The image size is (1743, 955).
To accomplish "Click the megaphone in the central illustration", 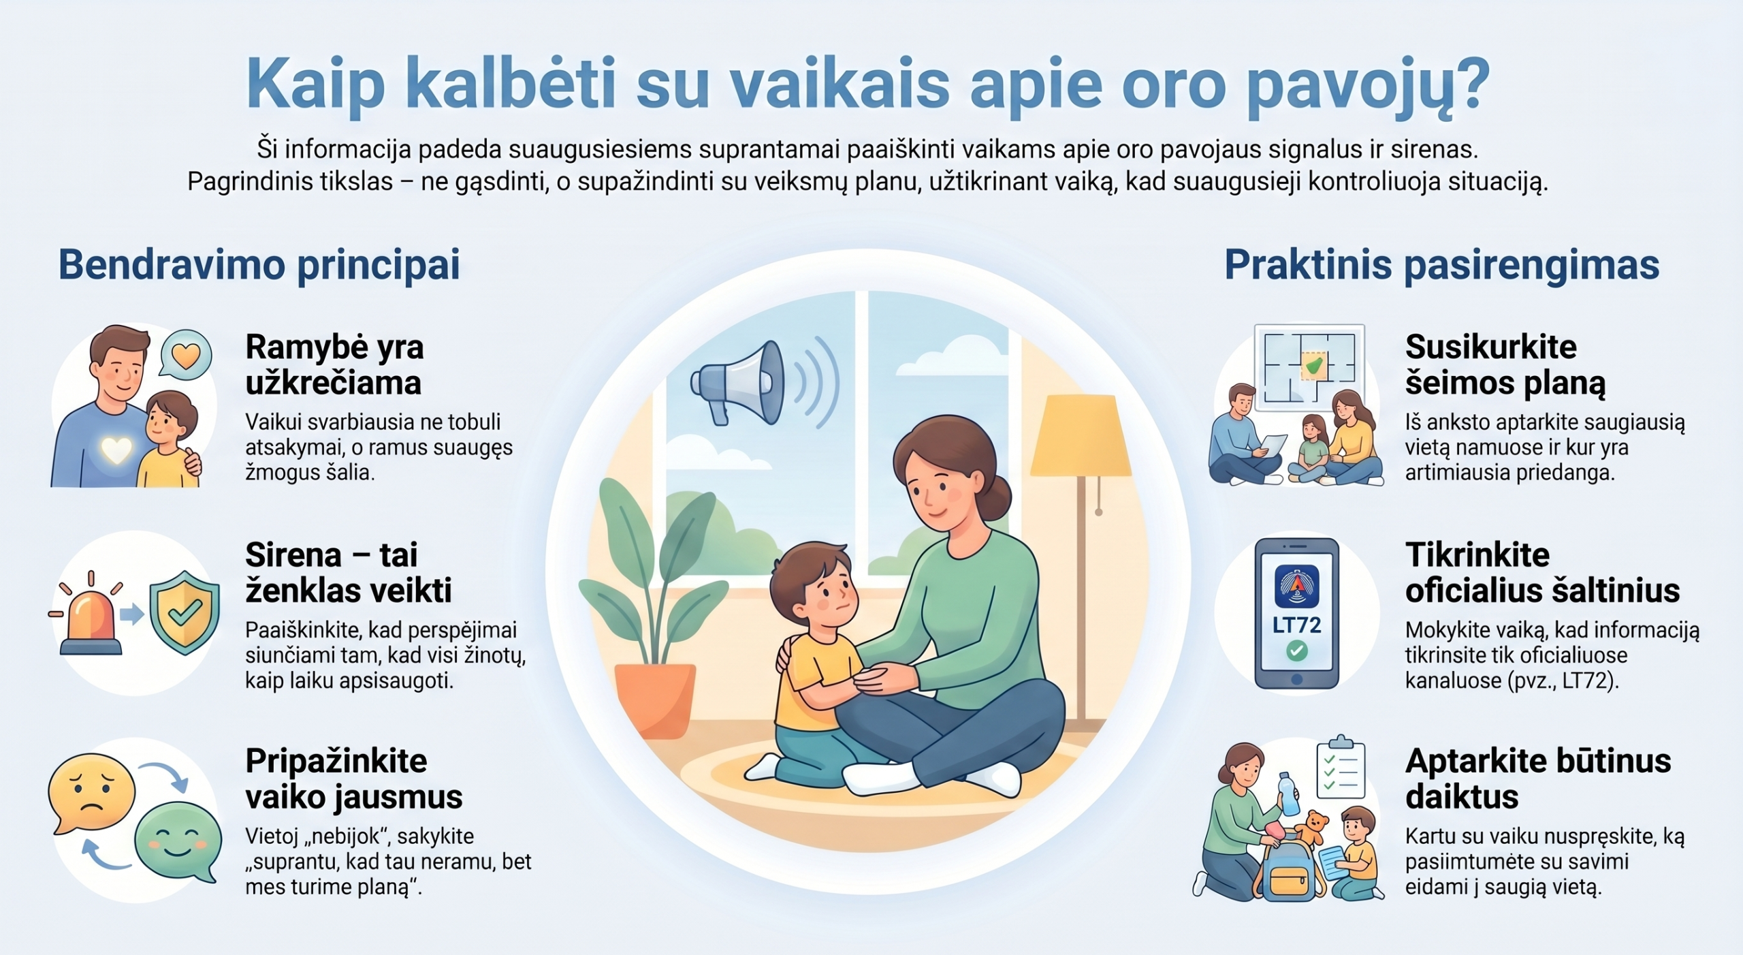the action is [x=739, y=382].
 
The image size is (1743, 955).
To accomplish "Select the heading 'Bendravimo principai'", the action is [x=259, y=265].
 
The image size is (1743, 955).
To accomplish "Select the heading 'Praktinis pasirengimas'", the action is [x=1442, y=265].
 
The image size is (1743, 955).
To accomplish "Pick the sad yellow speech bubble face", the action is [x=91, y=792].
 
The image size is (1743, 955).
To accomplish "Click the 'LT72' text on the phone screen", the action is [x=1296, y=625].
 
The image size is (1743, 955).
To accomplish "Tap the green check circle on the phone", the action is [x=1296, y=651].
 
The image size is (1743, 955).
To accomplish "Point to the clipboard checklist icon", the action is [x=1341, y=767].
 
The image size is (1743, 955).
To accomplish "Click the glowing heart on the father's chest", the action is [x=116, y=450].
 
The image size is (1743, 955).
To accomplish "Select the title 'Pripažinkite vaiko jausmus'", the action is [x=354, y=779].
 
